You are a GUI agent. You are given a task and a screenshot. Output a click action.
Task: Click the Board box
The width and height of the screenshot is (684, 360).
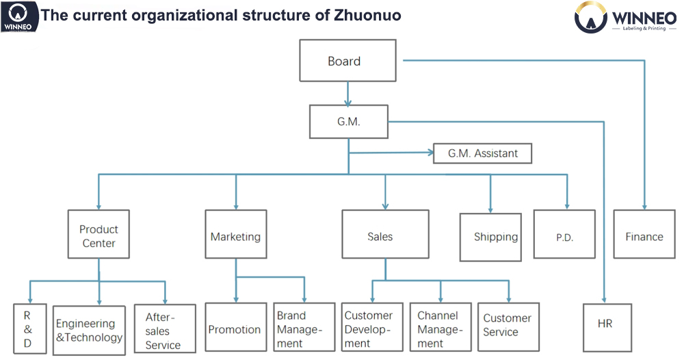coord(347,61)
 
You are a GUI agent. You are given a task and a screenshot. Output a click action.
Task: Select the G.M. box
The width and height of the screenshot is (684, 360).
coord(348,122)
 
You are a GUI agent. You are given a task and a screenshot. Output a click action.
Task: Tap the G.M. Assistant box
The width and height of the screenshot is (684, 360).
coord(482,153)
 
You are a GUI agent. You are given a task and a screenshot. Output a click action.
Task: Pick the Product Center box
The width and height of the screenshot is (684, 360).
coord(98,234)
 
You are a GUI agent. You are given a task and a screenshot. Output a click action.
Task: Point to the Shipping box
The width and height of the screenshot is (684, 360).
coord(490,237)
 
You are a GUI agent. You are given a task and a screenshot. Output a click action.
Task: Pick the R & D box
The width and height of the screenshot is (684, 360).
coord(29,329)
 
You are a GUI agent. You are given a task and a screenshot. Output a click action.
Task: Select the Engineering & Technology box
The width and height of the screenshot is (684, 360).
coord(89,330)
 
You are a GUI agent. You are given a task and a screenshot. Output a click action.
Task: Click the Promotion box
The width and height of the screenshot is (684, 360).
coord(235,329)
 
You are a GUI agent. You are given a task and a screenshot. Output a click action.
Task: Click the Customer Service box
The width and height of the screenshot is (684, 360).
coord(509,326)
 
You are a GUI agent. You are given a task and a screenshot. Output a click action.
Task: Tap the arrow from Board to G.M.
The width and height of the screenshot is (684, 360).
coord(348,93)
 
